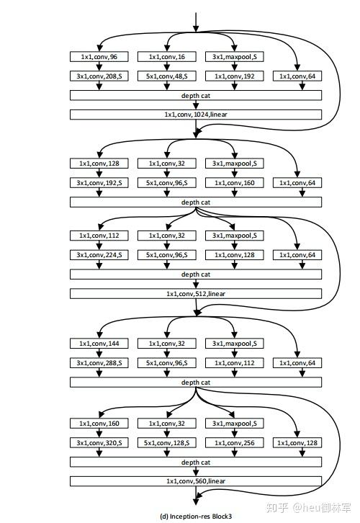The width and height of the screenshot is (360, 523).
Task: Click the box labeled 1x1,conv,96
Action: pos(99,57)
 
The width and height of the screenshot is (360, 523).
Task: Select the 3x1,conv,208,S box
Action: pos(99,76)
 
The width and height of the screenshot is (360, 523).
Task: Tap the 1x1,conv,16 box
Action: pos(166,57)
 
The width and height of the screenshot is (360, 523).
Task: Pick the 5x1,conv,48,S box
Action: pos(166,76)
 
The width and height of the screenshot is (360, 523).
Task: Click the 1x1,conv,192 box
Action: pos(234,76)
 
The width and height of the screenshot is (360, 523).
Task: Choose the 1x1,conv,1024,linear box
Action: pos(196,115)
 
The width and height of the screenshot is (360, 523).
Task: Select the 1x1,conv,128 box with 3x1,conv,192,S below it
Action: pos(99,164)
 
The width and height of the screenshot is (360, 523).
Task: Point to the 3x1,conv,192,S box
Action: pos(99,183)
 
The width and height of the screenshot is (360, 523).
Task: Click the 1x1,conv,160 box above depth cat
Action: pos(234,183)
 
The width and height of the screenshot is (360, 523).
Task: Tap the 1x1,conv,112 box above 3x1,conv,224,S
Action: pos(99,236)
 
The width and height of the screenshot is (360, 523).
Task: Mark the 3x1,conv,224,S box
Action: pos(99,255)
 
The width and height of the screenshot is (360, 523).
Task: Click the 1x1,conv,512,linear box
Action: pos(196,294)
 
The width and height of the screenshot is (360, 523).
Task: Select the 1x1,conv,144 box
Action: pos(99,344)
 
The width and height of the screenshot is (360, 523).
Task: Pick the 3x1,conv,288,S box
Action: pos(99,363)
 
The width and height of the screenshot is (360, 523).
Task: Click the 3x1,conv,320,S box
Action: pos(99,443)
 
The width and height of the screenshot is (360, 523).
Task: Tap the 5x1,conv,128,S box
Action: pos(166,443)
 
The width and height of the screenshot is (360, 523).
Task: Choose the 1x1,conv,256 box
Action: pos(234,443)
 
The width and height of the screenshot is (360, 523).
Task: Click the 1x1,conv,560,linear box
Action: pos(196,481)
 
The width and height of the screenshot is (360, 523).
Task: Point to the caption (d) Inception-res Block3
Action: pos(196,517)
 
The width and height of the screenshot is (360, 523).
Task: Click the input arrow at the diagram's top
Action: pos(196,22)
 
